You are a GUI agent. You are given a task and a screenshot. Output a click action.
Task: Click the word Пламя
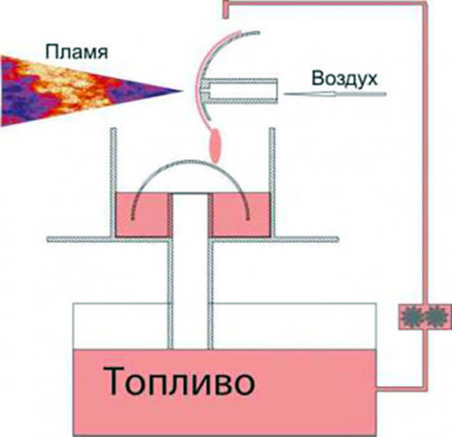(x=77, y=52)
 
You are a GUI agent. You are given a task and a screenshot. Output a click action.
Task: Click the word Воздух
(x=345, y=79)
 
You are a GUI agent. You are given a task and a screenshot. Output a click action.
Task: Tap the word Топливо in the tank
(x=179, y=382)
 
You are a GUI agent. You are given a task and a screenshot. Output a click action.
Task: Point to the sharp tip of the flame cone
(x=182, y=91)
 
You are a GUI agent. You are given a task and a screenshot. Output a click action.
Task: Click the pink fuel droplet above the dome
(x=215, y=146)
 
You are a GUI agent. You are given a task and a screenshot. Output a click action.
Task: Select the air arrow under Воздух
(x=335, y=93)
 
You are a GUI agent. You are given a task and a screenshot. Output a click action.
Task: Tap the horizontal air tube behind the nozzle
(x=239, y=91)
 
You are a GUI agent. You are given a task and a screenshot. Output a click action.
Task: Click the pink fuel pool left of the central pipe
(x=142, y=214)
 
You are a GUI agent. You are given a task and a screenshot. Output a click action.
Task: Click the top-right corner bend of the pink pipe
(x=424, y=4)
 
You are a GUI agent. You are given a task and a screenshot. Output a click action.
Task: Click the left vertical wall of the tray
(x=114, y=182)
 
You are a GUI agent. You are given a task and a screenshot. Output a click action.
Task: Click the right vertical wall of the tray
(x=272, y=182)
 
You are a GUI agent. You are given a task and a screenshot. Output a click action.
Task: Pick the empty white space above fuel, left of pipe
(x=120, y=326)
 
